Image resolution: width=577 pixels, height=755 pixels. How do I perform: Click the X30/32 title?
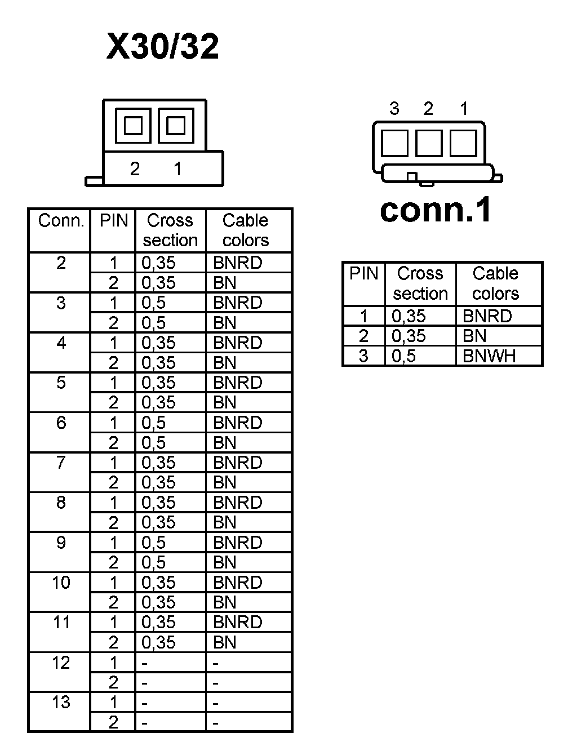[162, 46]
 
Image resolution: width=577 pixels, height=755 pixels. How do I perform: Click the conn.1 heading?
[436, 210]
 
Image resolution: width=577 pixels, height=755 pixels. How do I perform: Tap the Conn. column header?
[61, 220]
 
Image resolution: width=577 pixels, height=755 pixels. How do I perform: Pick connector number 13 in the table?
[61, 702]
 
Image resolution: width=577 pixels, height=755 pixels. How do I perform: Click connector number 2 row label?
[61, 263]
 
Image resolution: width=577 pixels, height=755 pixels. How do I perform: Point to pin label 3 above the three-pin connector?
[394, 109]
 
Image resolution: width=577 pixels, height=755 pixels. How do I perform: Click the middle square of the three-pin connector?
[429, 143]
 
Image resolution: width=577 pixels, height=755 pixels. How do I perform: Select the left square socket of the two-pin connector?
[133, 125]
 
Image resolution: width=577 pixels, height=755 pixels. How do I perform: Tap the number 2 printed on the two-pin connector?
[135, 168]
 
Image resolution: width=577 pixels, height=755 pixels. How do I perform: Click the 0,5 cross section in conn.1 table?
[403, 356]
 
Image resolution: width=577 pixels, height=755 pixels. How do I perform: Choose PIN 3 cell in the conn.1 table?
[363, 356]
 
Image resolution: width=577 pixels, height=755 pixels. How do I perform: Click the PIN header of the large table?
[113, 220]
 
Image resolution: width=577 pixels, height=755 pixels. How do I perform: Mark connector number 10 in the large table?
[61, 582]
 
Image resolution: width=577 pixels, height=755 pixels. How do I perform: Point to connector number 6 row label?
[61, 423]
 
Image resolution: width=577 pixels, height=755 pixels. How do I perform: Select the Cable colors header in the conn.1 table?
[495, 283]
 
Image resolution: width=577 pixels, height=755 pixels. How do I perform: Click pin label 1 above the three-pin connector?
[464, 109]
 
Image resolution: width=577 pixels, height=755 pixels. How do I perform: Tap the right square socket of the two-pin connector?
[176, 125]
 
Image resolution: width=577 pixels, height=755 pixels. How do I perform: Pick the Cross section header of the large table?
[170, 230]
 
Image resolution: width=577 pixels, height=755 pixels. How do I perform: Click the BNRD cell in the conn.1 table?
[487, 316]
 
